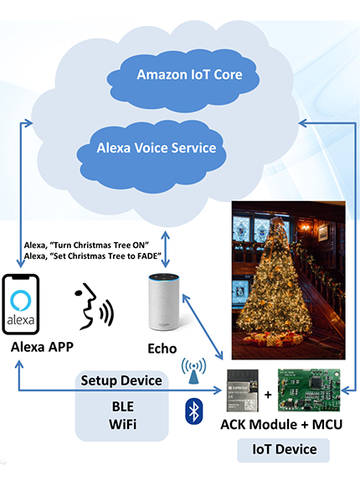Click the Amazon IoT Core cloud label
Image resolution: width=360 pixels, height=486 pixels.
pyautogui.click(x=189, y=75)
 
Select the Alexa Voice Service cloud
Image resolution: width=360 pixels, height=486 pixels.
pyautogui.click(x=152, y=157)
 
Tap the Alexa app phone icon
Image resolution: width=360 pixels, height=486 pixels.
pyautogui.click(x=21, y=304)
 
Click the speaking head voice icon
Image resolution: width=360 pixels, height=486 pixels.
pyautogui.click(x=94, y=306)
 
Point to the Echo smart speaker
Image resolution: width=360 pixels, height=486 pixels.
pyautogui.click(x=164, y=302)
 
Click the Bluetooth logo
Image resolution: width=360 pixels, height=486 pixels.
pyautogui.click(x=194, y=411)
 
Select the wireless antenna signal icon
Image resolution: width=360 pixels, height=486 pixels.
pyautogui.click(x=193, y=370)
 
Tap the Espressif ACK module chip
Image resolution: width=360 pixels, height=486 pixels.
pyautogui.click(x=243, y=390)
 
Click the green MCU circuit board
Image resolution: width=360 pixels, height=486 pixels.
pyautogui.click(x=309, y=390)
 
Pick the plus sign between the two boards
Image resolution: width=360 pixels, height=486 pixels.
pyautogui.click(x=268, y=395)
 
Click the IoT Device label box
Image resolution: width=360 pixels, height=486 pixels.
pyautogui.click(x=284, y=450)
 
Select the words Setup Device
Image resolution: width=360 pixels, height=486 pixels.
pyautogui.click(x=121, y=380)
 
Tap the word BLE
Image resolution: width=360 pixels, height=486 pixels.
pyautogui.click(x=123, y=406)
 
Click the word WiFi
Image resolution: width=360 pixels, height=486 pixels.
pyautogui.click(x=123, y=424)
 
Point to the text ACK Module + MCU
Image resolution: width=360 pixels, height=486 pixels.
pyautogui.click(x=281, y=424)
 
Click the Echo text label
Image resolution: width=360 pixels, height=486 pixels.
pyautogui.click(x=162, y=349)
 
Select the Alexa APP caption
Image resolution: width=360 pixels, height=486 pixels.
pyautogui.click(x=42, y=347)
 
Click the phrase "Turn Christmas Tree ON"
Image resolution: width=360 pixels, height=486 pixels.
pyautogui.click(x=100, y=246)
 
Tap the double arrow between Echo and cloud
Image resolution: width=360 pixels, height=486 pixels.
pyautogui.click(x=166, y=249)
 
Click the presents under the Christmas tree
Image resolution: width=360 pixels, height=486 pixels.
pyautogui.click(x=272, y=339)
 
